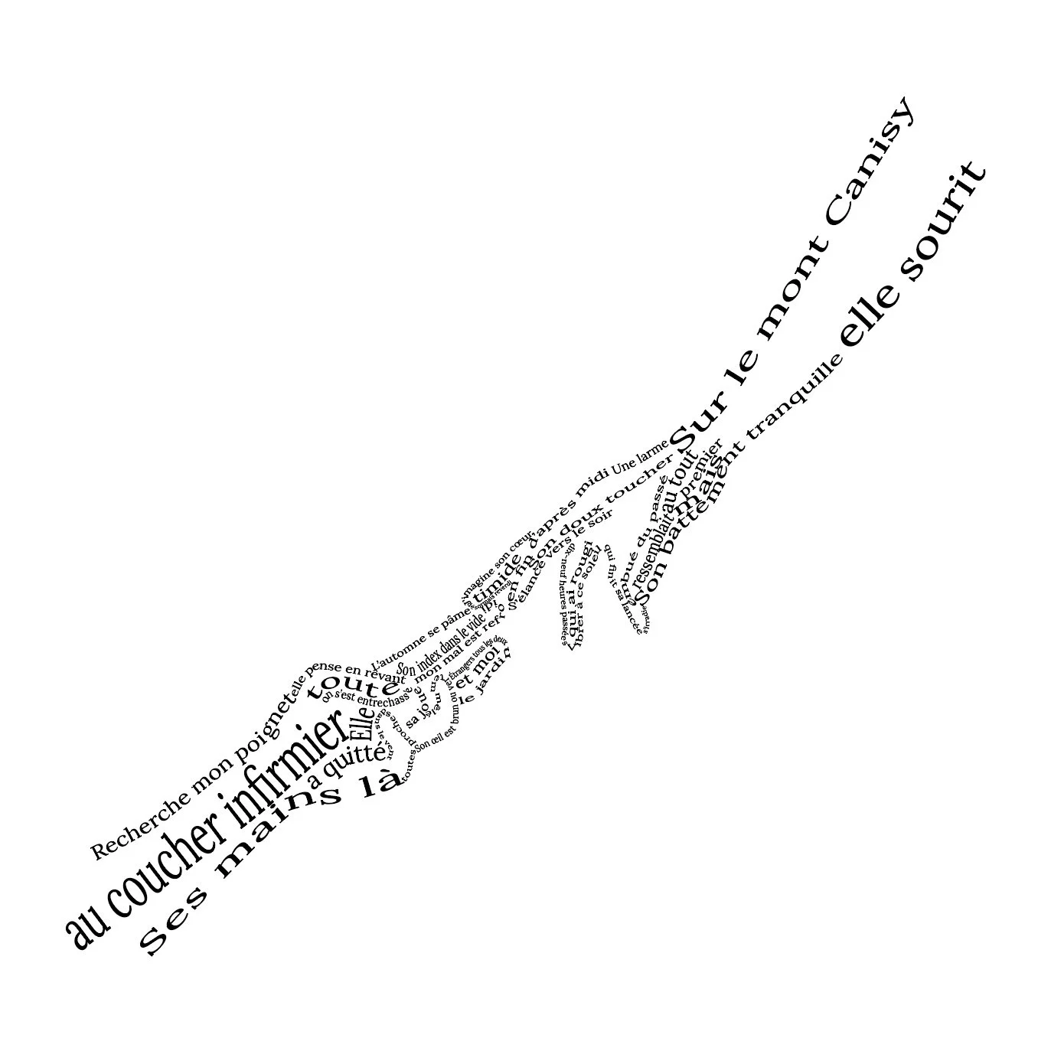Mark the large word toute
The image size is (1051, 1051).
[352, 682]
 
